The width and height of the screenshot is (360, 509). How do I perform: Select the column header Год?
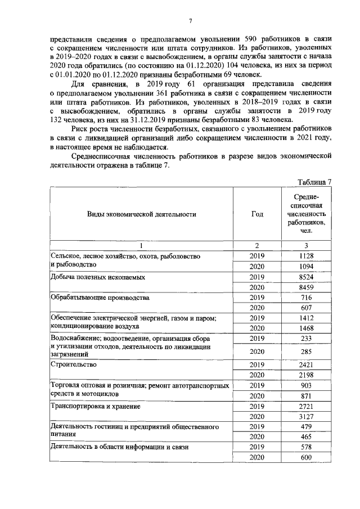pos(256,214)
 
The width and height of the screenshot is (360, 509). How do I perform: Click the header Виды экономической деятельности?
pos(142,214)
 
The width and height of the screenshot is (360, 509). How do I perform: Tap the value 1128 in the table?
pos(307,256)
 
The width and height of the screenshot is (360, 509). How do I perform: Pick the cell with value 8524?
pos(307,277)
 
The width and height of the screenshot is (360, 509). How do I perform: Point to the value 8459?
pos(307,287)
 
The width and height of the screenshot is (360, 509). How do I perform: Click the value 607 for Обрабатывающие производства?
pos(307,308)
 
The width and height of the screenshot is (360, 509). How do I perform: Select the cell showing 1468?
pos(307,328)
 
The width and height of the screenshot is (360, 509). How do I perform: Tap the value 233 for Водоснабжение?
pos(307,339)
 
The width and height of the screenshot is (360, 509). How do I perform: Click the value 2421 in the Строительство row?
pos(307,364)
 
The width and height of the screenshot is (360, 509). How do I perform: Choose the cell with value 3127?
pos(307,416)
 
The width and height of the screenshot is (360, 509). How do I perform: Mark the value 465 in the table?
pos(307,436)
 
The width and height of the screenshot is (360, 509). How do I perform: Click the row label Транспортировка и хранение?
pos(95,406)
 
